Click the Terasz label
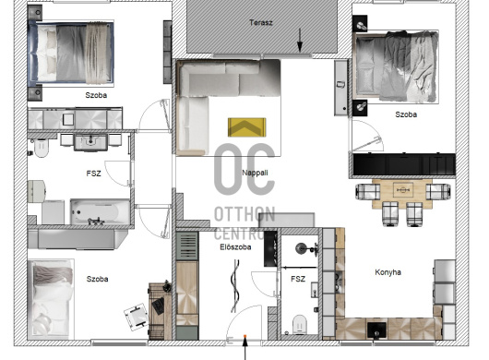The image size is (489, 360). (261, 22)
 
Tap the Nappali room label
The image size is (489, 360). (255, 173)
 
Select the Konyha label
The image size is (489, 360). (388, 272)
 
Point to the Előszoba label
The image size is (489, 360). (235, 247)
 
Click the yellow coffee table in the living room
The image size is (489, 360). (246, 127)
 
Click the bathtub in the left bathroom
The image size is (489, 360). (100, 212)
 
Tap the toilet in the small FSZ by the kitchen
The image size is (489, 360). (299, 324)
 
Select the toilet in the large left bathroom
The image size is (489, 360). (41, 148)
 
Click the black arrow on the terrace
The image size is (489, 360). (300, 40)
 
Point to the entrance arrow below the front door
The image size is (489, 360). (245, 348)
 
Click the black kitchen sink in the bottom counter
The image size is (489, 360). (376, 330)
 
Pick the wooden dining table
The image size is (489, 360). (402, 194)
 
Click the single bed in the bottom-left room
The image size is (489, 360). (51, 299)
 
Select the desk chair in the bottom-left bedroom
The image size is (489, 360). (137, 316)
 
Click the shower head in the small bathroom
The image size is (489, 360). (302, 248)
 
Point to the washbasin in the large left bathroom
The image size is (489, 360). (90, 142)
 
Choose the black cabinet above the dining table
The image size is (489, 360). (404, 164)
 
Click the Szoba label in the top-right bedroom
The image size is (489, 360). (406, 114)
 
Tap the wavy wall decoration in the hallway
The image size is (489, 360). (235, 286)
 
